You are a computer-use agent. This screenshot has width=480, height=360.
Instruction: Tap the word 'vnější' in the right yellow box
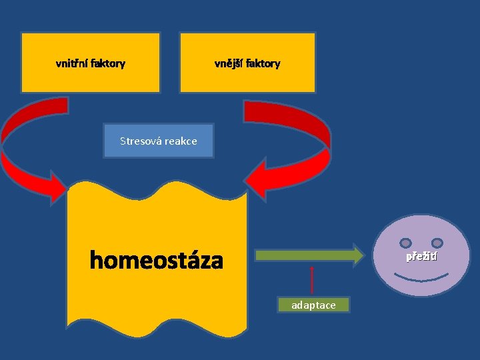tap(229, 64)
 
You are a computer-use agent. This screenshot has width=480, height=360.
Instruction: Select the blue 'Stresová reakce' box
tap(159, 141)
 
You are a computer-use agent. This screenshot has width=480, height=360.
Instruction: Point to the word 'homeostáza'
tap(157, 261)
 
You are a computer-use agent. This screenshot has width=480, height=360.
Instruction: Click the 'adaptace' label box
tap(313, 305)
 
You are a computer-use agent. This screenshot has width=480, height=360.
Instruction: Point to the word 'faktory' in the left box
tap(109, 64)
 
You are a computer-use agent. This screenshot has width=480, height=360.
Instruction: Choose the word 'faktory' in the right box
tap(263, 64)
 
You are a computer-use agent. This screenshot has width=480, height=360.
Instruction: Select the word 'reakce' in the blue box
tap(180, 141)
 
